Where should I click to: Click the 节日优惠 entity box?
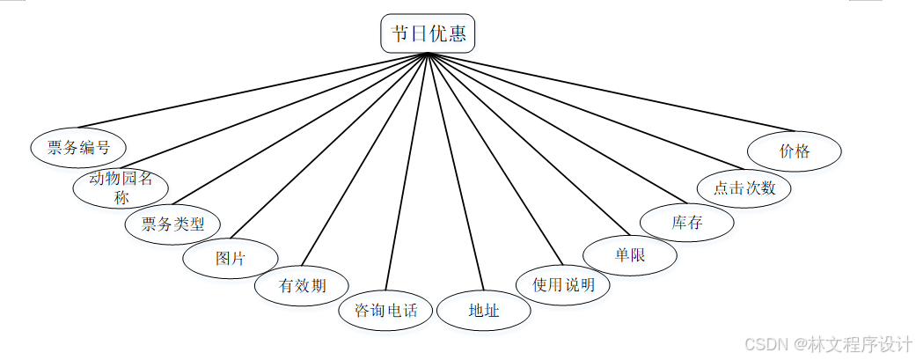(429, 34)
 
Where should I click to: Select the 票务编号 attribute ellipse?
(78, 147)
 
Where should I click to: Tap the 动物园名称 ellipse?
(121, 187)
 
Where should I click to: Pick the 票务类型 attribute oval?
(172, 224)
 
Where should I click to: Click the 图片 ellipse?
(231, 259)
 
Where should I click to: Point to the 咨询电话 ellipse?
(386, 310)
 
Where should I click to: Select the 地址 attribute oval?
(484, 310)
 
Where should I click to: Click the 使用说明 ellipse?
(564, 284)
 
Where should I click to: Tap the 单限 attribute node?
(631, 254)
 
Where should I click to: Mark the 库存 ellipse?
(687, 222)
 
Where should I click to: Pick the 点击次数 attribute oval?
(744, 187)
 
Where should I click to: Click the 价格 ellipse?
(795, 151)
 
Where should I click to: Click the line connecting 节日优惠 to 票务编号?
(255, 90)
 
